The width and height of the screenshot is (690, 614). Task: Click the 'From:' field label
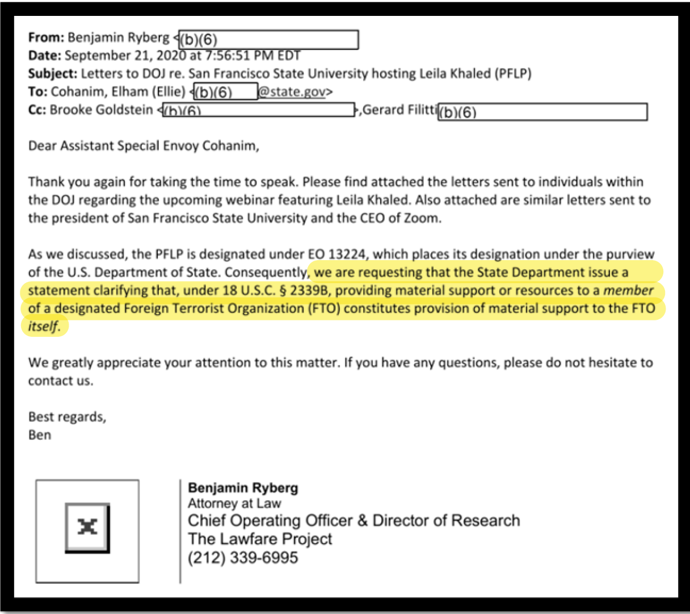coord(46,37)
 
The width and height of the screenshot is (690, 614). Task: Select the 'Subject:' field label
coord(53,73)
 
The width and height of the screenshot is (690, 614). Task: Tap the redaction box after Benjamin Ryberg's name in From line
coord(268,40)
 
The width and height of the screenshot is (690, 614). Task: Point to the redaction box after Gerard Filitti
coord(542,112)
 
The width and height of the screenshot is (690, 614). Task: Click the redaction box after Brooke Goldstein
coord(259,110)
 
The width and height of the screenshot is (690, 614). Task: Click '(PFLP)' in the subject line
coord(512,73)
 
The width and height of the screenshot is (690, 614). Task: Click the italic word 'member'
coord(628,290)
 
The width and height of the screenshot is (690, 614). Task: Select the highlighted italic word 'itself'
coord(43,327)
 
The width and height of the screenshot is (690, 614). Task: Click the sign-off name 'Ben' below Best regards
coord(40,435)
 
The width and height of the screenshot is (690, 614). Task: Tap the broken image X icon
coord(87,528)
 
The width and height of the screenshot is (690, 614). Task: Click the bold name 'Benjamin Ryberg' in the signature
coord(243,488)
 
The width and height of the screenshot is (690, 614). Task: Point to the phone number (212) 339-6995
coord(243,558)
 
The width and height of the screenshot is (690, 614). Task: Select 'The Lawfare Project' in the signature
coord(260,539)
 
